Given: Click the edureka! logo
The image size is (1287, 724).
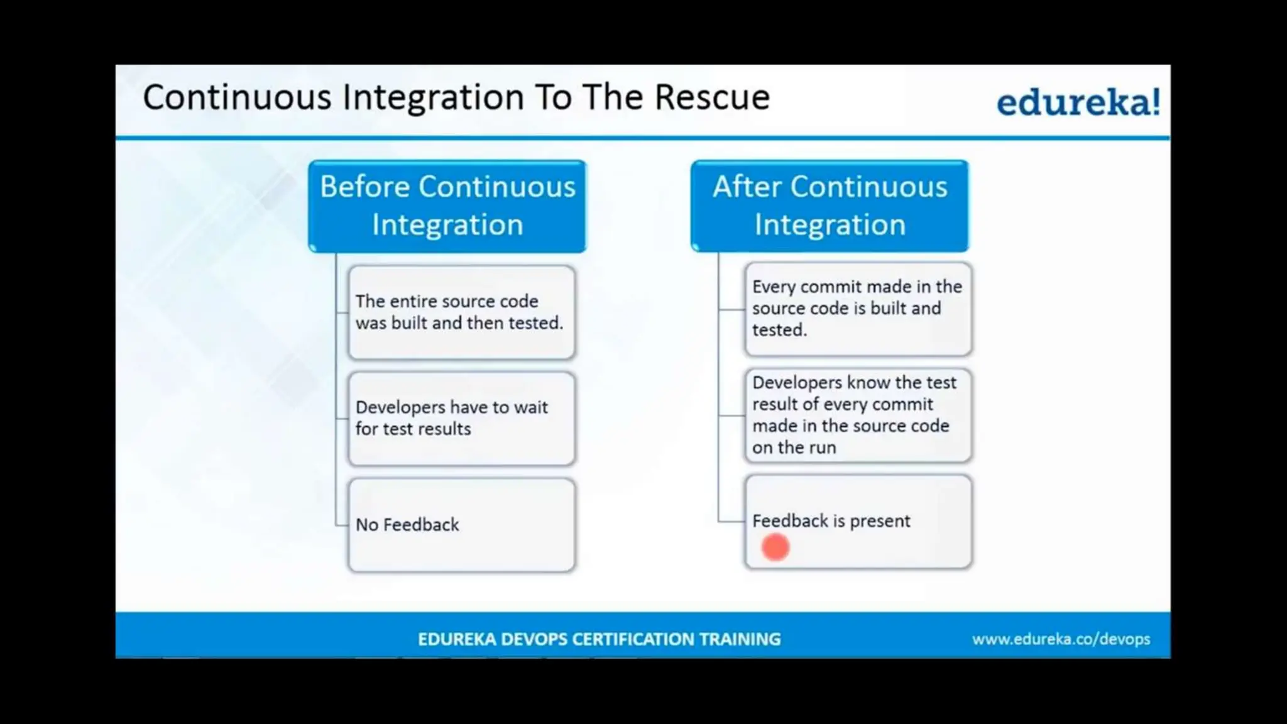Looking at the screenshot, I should pyautogui.click(x=1078, y=102).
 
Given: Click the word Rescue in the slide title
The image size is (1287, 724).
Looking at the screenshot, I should pyautogui.click(x=712, y=97).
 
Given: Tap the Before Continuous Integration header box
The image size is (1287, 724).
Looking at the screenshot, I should pyautogui.click(x=447, y=206).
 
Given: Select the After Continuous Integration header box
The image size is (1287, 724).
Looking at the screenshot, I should pyautogui.click(x=830, y=206).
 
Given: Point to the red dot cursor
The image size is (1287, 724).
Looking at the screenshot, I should pyautogui.click(x=775, y=547).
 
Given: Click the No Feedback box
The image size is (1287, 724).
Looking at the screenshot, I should pyautogui.click(x=461, y=525).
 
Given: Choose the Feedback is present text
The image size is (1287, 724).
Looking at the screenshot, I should pyautogui.click(x=831, y=521).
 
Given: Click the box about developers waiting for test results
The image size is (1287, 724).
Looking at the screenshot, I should pyautogui.click(x=461, y=419).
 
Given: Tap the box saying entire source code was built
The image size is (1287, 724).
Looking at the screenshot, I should pyautogui.click(x=461, y=312).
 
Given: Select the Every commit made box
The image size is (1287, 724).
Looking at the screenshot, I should pyautogui.click(x=858, y=309).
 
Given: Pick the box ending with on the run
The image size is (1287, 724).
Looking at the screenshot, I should pyautogui.click(x=858, y=415).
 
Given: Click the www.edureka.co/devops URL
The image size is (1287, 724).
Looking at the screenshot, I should pyautogui.click(x=1061, y=639).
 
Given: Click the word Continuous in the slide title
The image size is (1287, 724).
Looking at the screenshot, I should pyautogui.click(x=237, y=97).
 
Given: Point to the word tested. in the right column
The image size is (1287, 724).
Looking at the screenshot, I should pyautogui.click(x=779, y=330).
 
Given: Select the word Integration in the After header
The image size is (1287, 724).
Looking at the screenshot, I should pyautogui.click(x=830, y=225).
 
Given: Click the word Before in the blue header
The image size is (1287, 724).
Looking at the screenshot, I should pyautogui.click(x=364, y=187).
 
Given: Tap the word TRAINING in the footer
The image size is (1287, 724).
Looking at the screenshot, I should pyautogui.click(x=740, y=639).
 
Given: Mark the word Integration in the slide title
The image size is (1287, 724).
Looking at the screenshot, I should pyautogui.click(x=433, y=97).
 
